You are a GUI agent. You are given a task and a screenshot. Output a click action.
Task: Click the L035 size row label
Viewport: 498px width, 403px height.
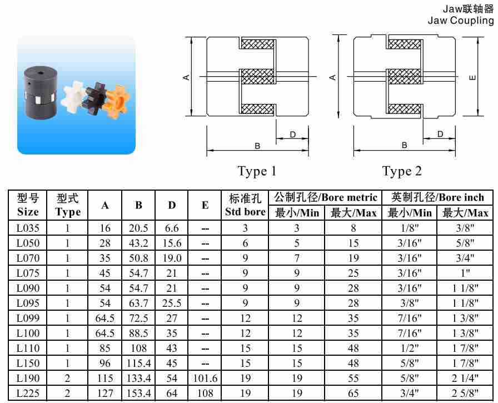pos(28,228)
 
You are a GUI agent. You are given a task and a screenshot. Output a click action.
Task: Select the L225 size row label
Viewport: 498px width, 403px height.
pos(28,393)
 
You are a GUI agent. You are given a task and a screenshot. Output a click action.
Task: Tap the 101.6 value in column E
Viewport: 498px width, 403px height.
pos(205,378)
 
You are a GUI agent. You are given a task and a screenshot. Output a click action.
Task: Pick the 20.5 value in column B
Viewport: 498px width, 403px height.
pos(138,228)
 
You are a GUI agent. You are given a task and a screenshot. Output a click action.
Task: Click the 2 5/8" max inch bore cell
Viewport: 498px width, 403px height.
pos(465,393)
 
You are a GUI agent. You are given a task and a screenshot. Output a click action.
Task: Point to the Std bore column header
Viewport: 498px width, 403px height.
pos(245,205)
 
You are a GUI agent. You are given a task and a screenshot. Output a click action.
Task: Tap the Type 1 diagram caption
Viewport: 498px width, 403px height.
pos(257,172)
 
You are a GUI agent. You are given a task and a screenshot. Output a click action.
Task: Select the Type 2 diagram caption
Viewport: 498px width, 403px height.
pos(402,172)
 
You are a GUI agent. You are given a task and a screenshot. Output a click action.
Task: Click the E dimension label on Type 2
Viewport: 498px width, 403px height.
pos(472,77)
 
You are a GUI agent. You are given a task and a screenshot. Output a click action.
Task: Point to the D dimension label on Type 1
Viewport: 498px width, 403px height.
pos(293,135)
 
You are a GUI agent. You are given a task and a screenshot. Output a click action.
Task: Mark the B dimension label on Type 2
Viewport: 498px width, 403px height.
pos(404,145)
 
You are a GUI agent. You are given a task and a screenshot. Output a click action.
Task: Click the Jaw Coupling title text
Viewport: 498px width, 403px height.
pos(461,21)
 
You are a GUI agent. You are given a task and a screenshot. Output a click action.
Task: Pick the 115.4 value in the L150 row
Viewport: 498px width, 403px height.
pos(138,363)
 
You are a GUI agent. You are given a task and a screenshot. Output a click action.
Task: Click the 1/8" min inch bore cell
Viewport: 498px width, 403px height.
pos(410,228)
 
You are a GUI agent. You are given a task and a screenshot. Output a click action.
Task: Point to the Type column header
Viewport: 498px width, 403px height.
pos(67,205)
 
